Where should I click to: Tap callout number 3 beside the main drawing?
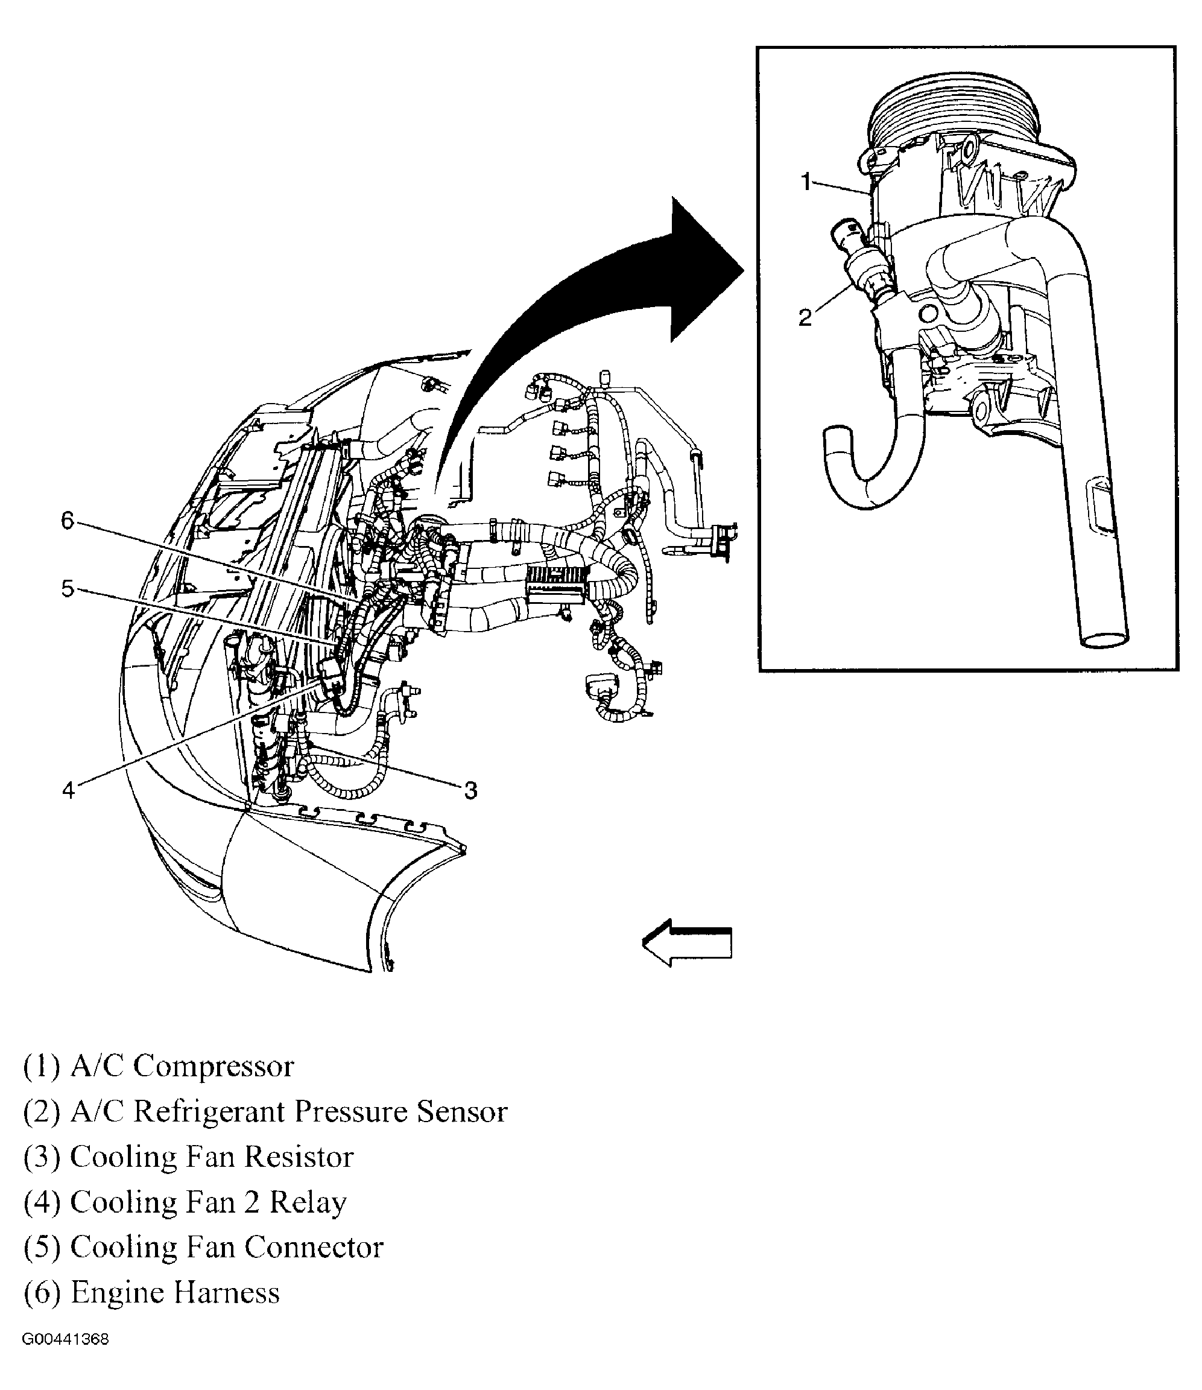point(471,791)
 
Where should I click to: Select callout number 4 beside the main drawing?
point(68,790)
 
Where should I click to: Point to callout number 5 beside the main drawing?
point(68,589)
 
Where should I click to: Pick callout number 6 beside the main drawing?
point(68,520)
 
